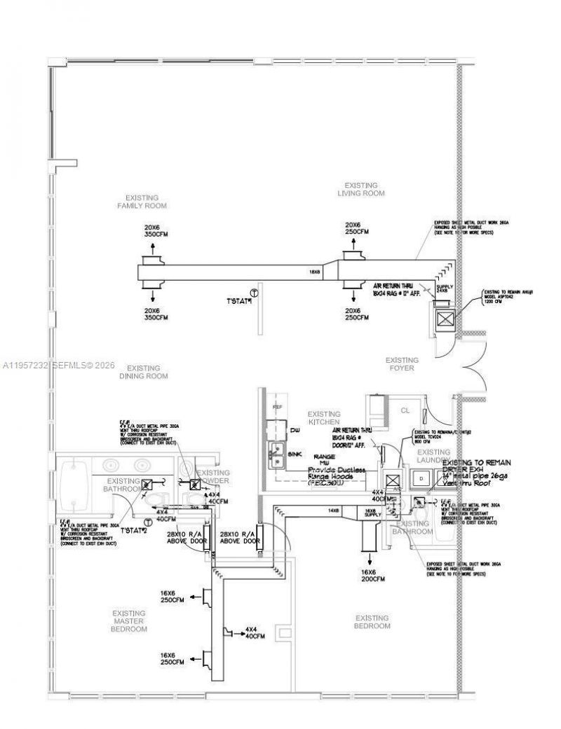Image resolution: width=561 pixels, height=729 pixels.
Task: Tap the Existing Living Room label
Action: coord(361,189)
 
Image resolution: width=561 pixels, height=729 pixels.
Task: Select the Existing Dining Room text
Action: coord(143,372)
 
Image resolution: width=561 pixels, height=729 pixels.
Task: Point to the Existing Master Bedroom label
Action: coord(129,620)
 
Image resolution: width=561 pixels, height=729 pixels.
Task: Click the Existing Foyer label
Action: coord(402,364)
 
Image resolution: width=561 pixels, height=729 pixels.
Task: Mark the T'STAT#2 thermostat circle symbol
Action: coord(148,522)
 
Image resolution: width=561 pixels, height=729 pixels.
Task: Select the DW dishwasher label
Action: coord(295,430)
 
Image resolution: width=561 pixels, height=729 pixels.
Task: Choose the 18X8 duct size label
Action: coord(315,272)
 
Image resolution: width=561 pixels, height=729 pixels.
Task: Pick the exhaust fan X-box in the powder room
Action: coord(194,484)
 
